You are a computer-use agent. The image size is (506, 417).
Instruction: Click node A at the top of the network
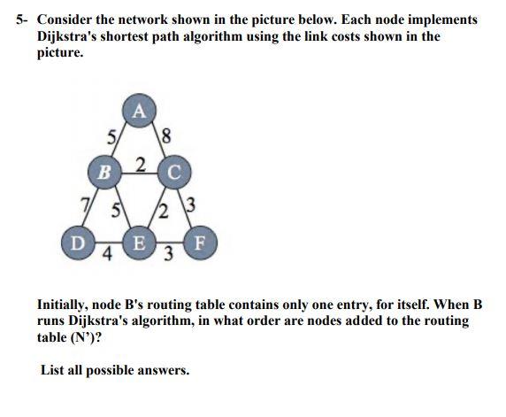tap(139, 112)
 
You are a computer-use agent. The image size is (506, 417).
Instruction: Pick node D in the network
tap(77, 240)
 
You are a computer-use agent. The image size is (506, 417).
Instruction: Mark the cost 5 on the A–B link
tap(111, 138)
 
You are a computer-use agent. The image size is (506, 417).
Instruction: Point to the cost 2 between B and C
tap(140, 163)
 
